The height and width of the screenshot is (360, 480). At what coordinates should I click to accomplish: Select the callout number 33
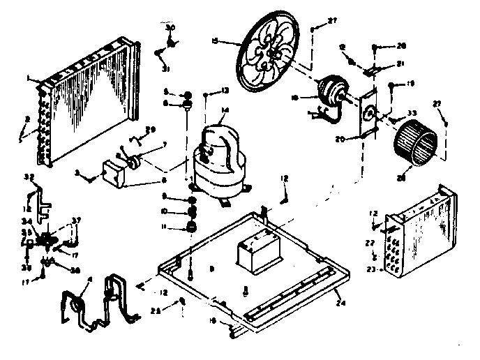(x=412, y=112)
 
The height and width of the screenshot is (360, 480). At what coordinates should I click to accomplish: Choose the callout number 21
(x=400, y=64)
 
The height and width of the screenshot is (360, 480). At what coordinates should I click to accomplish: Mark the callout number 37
(x=76, y=220)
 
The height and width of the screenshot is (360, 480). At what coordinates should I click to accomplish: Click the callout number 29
(x=151, y=130)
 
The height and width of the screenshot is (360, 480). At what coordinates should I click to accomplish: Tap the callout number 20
(x=359, y=138)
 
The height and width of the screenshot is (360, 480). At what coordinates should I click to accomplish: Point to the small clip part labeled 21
(x=376, y=69)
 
